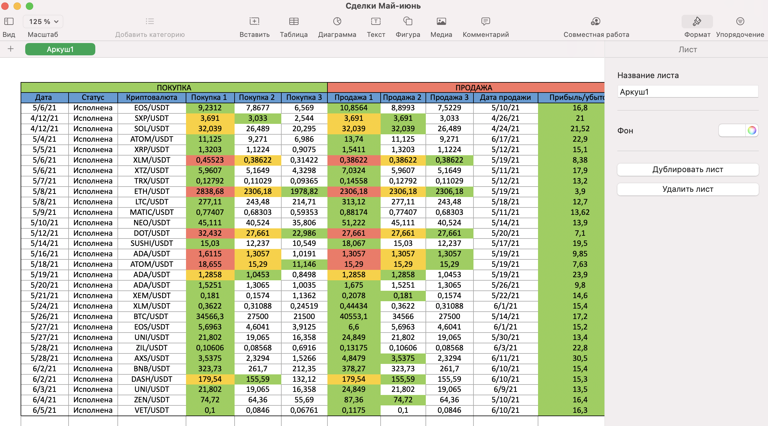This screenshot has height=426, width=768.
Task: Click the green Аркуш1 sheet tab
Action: (60, 49)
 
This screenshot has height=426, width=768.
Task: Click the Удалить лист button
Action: (688, 189)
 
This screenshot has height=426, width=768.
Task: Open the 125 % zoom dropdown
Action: (43, 22)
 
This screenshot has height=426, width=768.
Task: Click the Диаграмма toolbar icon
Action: (337, 21)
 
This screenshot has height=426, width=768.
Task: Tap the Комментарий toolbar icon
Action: (486, 21)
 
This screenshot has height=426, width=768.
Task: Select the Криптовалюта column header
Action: (152, 97)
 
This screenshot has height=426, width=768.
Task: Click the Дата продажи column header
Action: (505, 97)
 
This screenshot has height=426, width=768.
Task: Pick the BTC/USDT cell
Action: (152, 316)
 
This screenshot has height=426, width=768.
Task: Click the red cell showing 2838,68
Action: (210, 191)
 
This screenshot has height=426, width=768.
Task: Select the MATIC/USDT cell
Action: (152, 212)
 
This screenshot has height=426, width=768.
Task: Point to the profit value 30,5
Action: (580, 358)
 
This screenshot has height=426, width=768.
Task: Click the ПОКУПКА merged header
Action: (174, 87)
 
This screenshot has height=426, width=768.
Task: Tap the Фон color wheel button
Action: (752, 130)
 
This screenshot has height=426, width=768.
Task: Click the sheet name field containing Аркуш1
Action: (688, 92)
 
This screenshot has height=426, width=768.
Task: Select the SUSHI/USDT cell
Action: (152, 243)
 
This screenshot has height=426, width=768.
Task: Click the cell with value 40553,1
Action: (354, 316)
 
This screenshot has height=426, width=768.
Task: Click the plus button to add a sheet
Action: (11, 49)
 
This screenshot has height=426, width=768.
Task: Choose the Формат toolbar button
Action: (697, 26)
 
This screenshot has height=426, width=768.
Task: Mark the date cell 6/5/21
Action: (45, 410)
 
